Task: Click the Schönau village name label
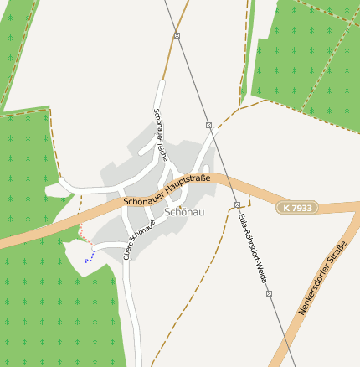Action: pos(184,212)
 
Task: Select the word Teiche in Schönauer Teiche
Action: pos(163,149)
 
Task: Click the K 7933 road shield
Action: pos(298,207)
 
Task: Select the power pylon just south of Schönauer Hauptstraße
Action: pos(238,204)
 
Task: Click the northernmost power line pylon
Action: pos(177,35)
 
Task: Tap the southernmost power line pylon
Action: pos(269,293)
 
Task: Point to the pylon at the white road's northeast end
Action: pos(208,124)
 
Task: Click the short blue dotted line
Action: pos(89,256)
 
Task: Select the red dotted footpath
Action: pos(85,237)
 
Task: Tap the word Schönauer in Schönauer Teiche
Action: pos(157,122)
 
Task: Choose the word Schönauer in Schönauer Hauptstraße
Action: pos(143,199)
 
